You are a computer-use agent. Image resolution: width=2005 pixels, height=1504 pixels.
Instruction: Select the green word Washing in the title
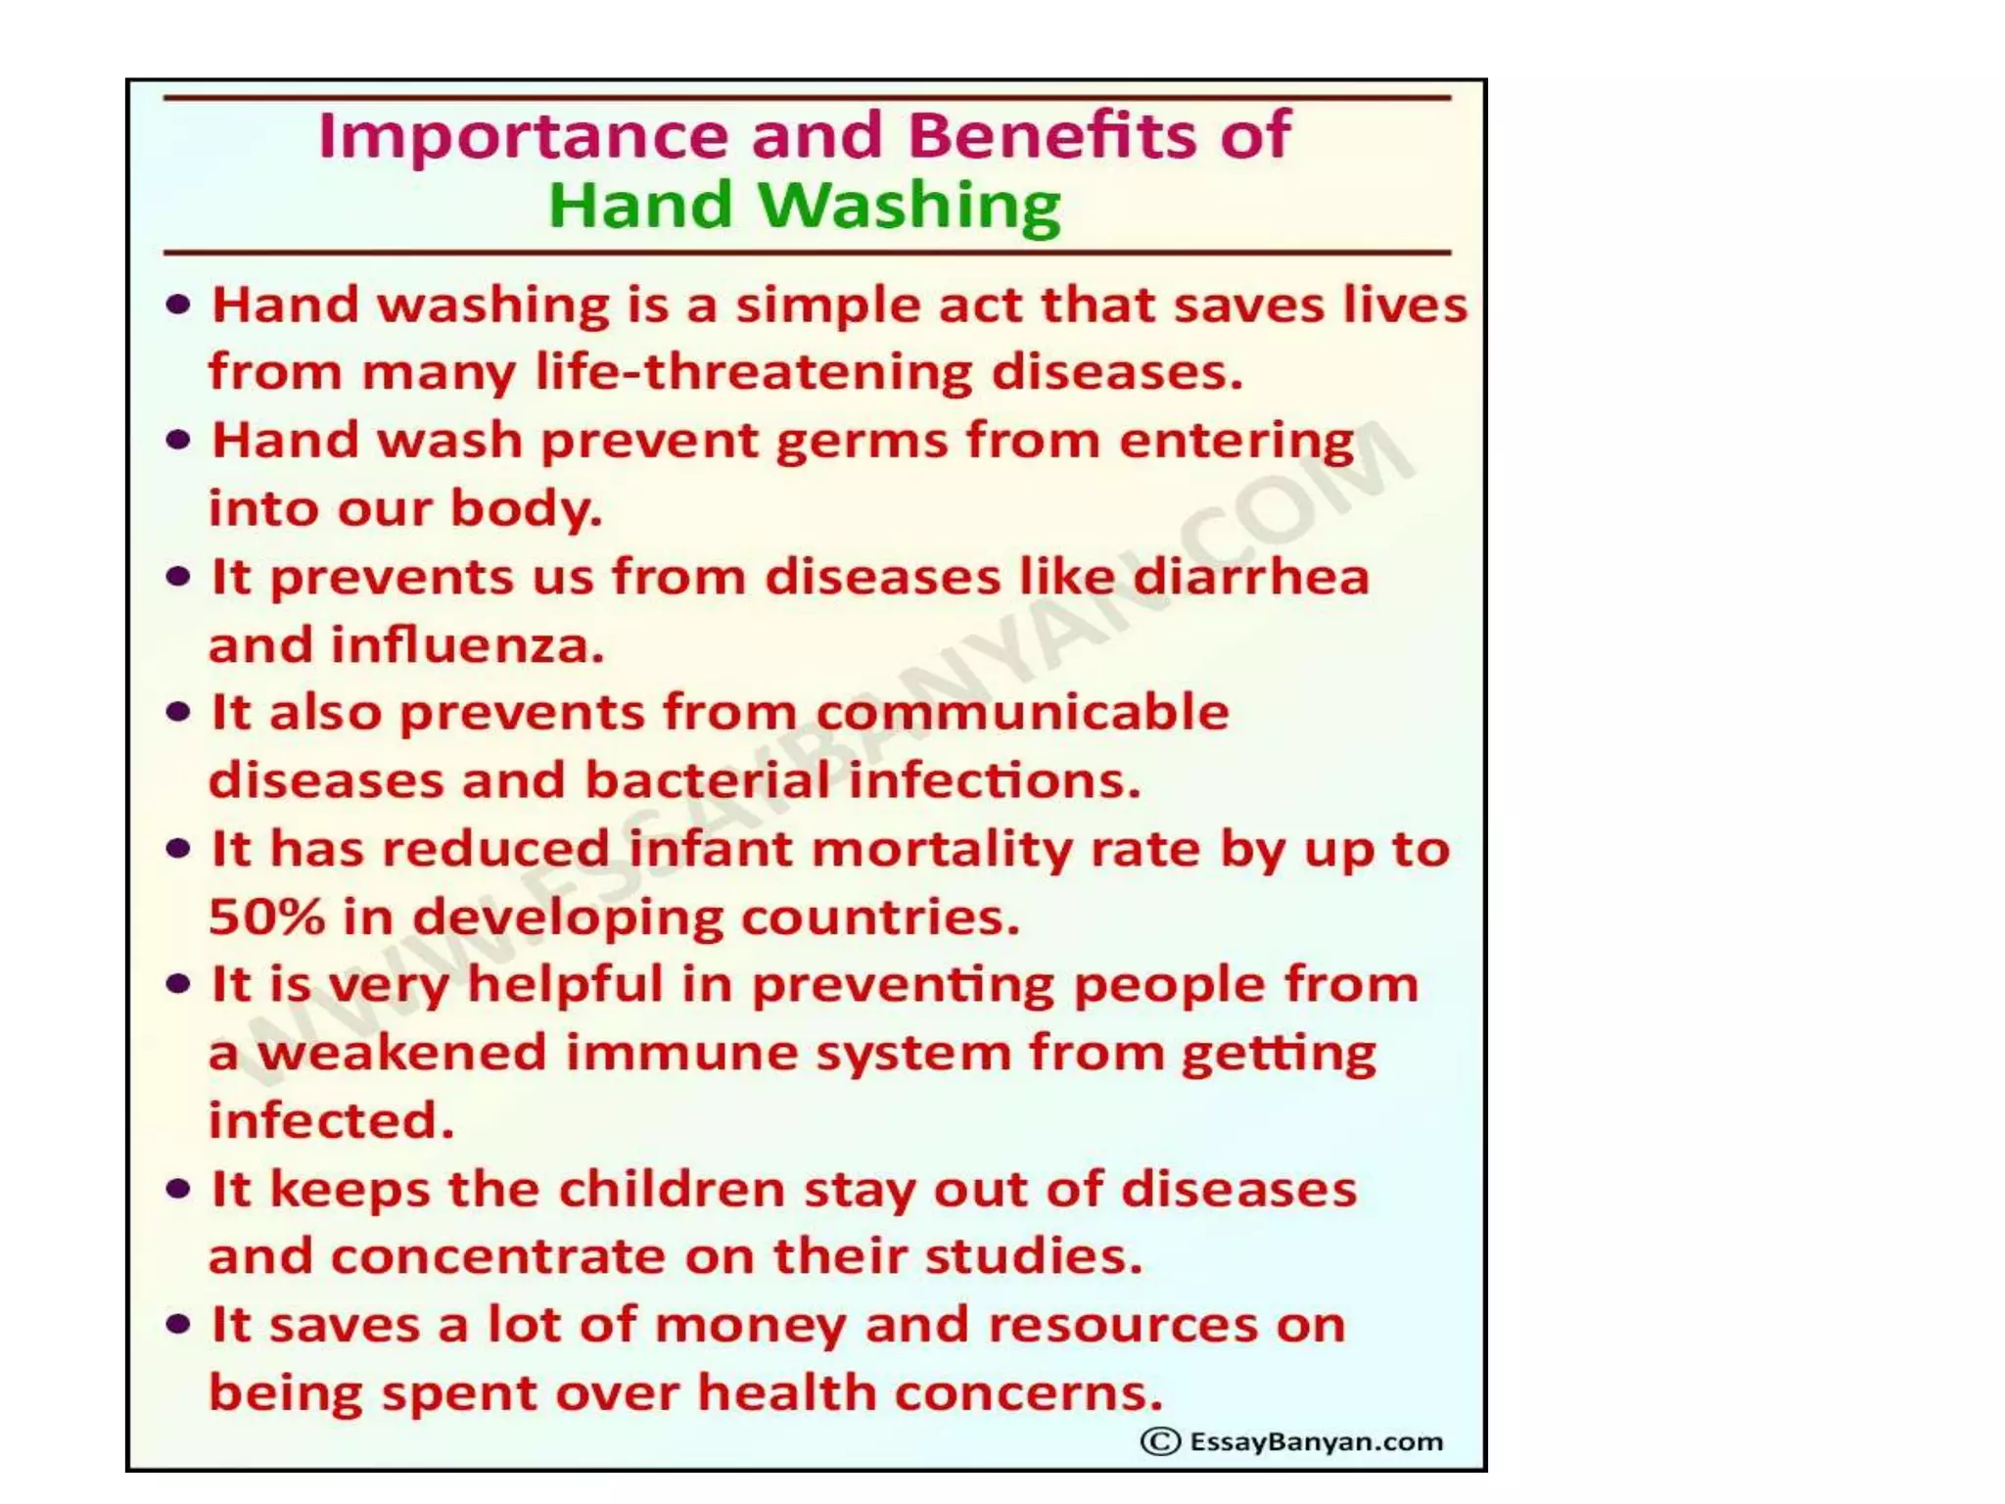tap(909, 207)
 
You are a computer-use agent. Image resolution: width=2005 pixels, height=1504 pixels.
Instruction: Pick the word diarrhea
tap(1251, 577)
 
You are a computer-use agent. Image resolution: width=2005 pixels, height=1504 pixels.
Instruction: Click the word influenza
tap(466, 645)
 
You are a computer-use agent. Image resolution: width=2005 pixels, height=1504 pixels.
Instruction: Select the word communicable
tap(1022, 712)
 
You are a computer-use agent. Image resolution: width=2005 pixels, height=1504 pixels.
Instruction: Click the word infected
tap(332, 1121)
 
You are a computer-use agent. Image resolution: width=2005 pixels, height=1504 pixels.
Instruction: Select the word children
tap(672, 1190)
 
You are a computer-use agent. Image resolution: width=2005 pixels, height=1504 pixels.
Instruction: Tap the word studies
tap(1034, 1257)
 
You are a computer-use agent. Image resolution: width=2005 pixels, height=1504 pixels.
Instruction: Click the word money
tap(749, 1326)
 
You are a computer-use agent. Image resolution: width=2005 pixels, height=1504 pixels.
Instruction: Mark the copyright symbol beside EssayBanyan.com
tap(1160, 1441)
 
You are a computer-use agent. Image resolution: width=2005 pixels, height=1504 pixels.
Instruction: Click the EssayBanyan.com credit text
tap(1316, 1441)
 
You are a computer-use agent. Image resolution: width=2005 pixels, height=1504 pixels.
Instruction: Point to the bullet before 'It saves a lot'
tap(178, 1326)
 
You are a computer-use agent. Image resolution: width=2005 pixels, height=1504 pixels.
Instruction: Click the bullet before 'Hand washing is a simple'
tap(178, 305)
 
